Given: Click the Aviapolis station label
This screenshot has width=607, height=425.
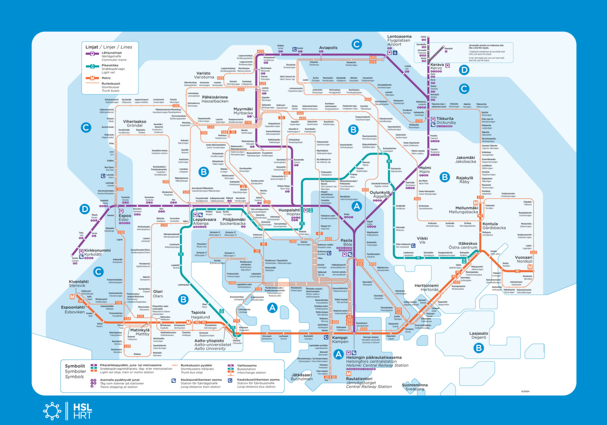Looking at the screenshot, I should tap(328, 48).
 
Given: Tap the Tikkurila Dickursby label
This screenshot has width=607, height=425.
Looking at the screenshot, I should tap(446, 121).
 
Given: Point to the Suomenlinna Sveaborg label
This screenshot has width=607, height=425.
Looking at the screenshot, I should tap(415, 387).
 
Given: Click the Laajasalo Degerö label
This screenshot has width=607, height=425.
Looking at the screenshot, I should tap(478, 335).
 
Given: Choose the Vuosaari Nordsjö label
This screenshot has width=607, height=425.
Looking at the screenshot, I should tap(524, 259).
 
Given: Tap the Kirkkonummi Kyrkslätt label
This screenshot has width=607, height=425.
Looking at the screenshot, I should tap(97, 252).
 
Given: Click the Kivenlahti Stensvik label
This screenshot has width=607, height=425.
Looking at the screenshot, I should tap(79, 283).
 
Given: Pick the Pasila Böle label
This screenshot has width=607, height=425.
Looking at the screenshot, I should tap(346, 242).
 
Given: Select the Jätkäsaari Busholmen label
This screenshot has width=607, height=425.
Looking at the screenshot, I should tap(301, 377).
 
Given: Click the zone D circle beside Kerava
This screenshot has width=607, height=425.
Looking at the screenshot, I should tap(464, 70).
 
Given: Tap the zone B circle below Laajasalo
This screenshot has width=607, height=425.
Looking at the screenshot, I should tap(479, 348).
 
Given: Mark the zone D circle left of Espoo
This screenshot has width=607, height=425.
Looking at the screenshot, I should tap(85, 209).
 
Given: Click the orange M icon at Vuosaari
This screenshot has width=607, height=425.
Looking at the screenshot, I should tap(530, 267).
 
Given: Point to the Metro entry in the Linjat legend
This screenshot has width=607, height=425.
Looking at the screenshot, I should tap(106, 78).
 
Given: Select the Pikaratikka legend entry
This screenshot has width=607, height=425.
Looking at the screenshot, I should tap(110, 65).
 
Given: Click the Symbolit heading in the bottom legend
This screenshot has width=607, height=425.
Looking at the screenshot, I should tap(75, 366).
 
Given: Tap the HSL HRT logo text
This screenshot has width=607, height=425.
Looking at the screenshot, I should tap(83, 411).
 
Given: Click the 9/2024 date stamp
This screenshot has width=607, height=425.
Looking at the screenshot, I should tap(525, 391).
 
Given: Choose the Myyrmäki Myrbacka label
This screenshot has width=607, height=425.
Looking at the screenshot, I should tap(243, 111).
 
